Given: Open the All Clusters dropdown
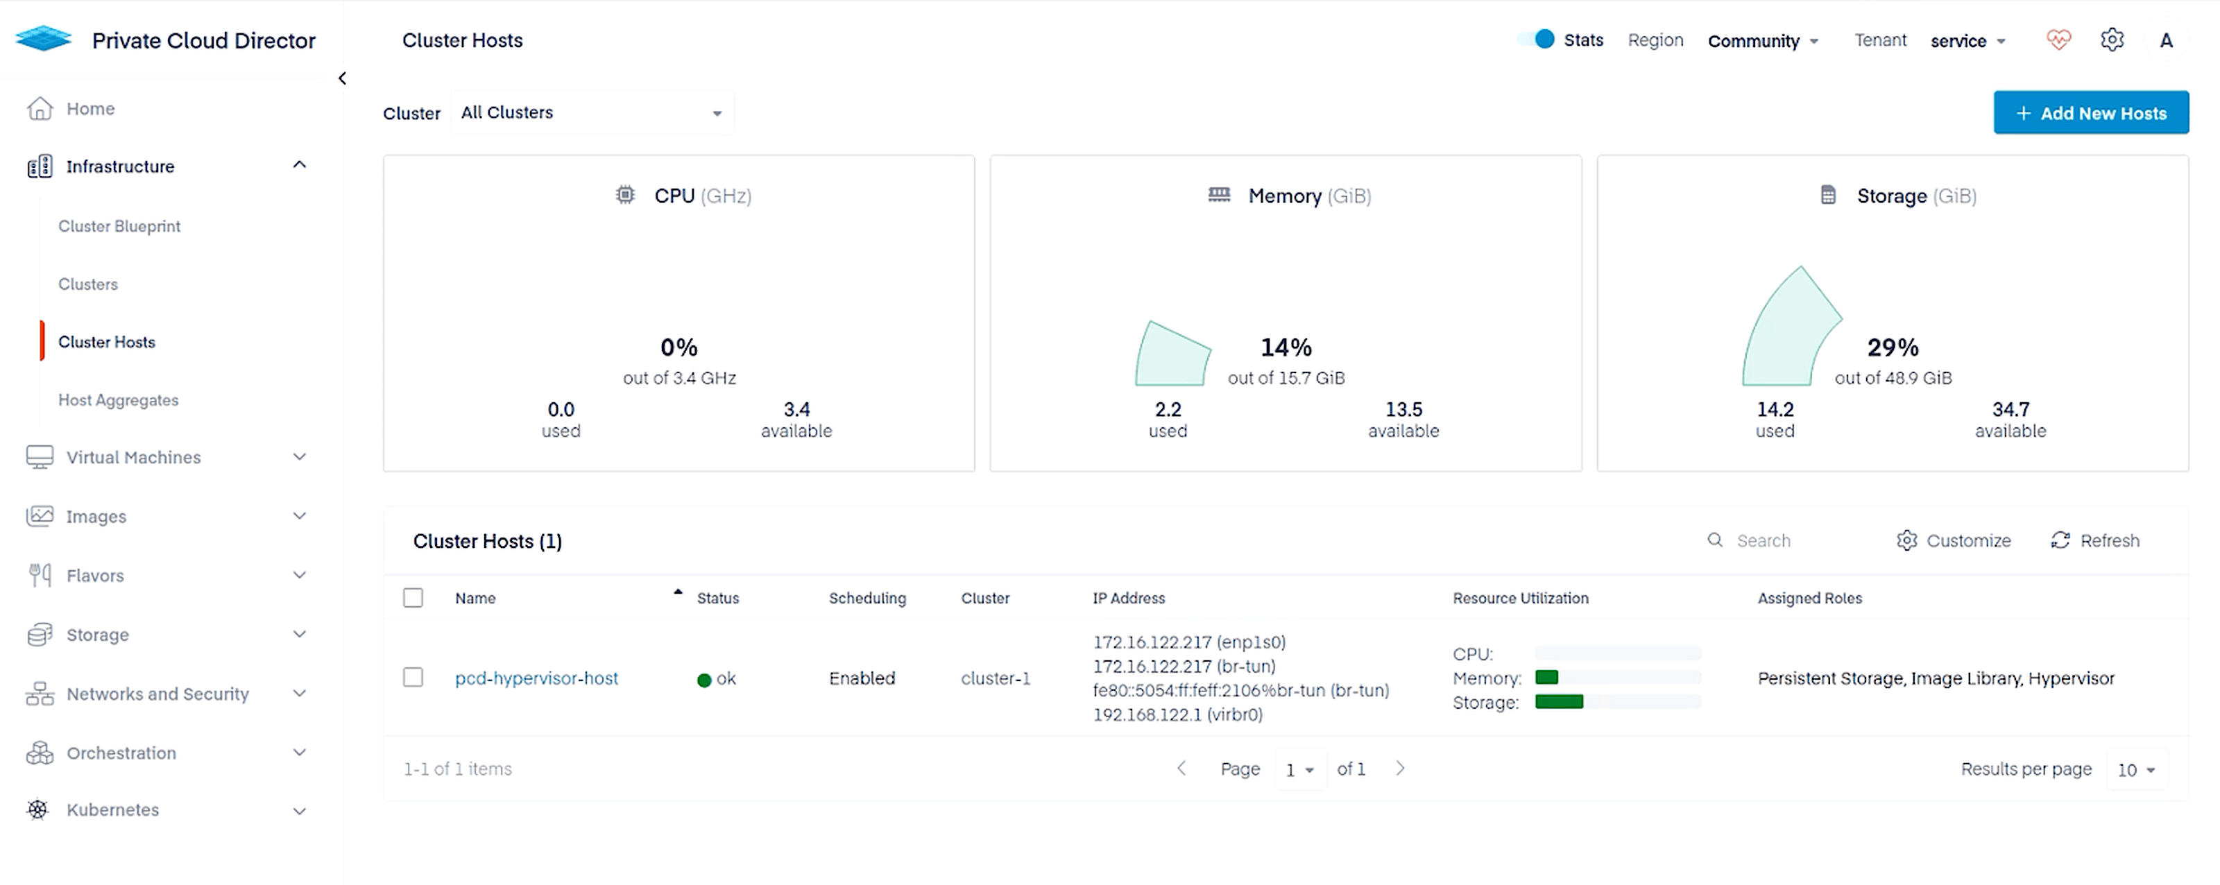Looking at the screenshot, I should (591, 113).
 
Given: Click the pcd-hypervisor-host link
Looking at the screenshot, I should (536, 678).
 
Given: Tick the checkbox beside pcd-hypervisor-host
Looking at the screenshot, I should (413, 678).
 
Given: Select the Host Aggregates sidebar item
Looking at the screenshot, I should (118, 399).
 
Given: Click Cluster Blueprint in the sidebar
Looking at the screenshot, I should (119, 226).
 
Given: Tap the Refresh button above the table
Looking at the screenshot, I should (2094, 540).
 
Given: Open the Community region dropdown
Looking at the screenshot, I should (1762, 40).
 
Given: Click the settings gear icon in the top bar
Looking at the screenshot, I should (2111, 40).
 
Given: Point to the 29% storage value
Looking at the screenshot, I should (1893, 347).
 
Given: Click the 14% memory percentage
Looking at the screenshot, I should (1286, 347).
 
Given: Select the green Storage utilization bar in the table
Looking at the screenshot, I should (1558, 701).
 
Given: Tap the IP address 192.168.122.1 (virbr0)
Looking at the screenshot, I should (1177, 714).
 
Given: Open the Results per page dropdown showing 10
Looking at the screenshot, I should (2135, 770).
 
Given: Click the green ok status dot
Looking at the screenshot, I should (704, 680).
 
